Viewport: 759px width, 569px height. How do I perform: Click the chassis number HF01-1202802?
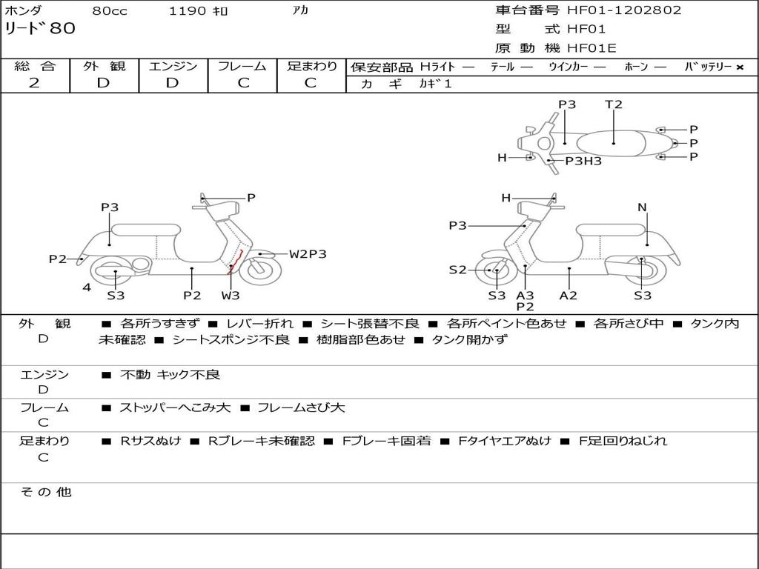click(624, 10)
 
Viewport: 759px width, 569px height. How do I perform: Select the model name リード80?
click(40, 29)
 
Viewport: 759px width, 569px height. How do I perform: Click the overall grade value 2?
click(34, 83)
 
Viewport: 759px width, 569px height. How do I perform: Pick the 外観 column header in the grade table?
click(104, 67)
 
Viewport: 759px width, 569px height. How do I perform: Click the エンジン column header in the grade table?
click(173, 67)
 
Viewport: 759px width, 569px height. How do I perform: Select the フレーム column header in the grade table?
click(242, 67)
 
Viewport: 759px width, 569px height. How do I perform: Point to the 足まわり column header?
click(311, 67)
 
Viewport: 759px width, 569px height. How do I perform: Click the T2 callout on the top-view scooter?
click(614, 104)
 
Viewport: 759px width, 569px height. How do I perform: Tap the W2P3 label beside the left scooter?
click(308, 254)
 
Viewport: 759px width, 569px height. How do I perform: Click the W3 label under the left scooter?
click(231, 296)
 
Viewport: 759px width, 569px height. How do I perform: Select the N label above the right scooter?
click(642, 207)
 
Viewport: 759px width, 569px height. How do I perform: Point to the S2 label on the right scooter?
click(458, 270)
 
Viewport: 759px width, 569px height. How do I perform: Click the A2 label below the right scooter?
click(569, 296)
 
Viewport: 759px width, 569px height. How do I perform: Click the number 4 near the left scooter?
click(87, 287)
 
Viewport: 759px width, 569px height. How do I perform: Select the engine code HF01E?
click(591, 49)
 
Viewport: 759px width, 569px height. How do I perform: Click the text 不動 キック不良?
click(170, 375)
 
